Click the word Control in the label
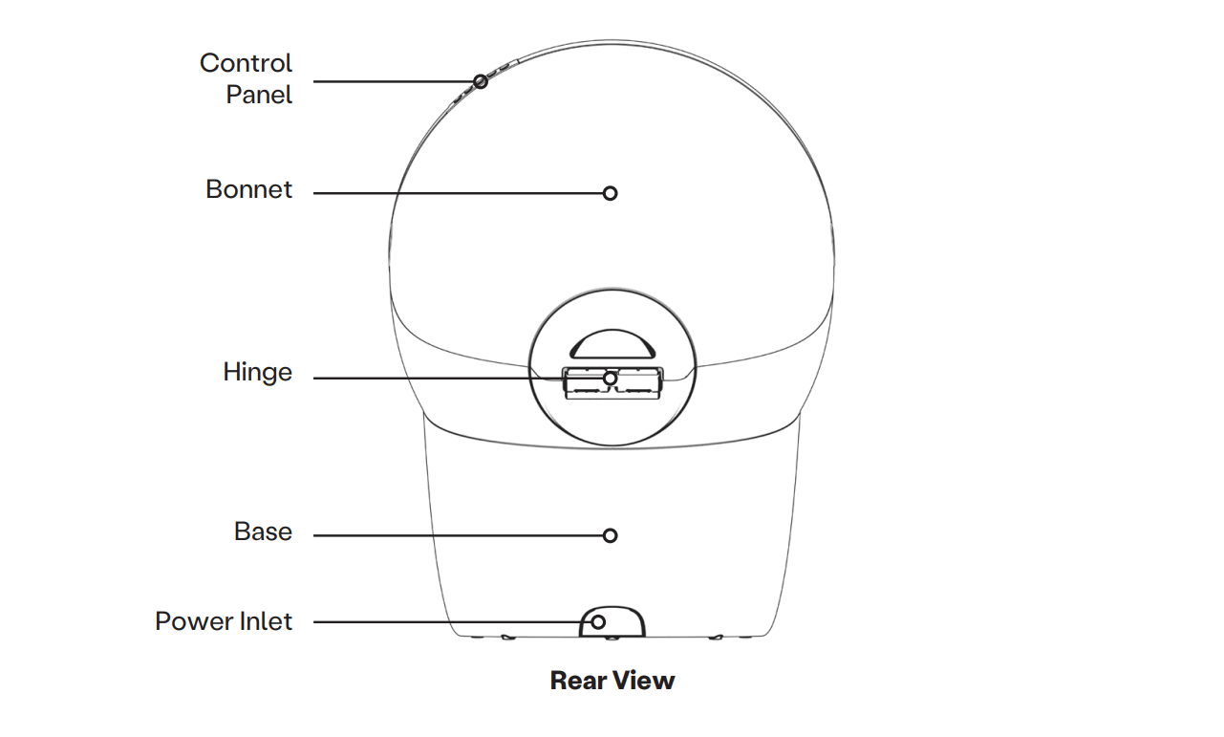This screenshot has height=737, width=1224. pyautogui.click(x=246, y=63)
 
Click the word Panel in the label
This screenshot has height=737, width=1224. pyautogui.click(x=259, y=95)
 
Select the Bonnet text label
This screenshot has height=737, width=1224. pyautogui.click(x=248, y=189)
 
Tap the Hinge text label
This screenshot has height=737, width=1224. pyautogui.click(x=257, y=372)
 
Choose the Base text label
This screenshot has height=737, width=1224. pyautogui.click(x=263, y=531)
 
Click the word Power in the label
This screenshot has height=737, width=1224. pyautogui.click(x=192, y=621)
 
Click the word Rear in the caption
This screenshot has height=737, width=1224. pyautogui.click(x=578, y=681)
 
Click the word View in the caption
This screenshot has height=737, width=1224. pyautogui.click(x=643, y=681)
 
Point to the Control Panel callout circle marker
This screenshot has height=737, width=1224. pyautogui.click(x=481, y=82)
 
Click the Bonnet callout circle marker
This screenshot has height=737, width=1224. pyautogui.click(x=610, y=193)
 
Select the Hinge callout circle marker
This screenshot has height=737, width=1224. pyautogui.click(x=610, y=379)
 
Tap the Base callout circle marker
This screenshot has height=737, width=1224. pyautogui.click(x=610, y=535)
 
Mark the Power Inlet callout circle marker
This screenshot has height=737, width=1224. pyautogui.click(x=598, y=622)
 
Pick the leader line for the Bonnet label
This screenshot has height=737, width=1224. pyautogui.click(x=459, y=193)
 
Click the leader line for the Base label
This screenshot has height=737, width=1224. pyautogui.click(x=459, y=535)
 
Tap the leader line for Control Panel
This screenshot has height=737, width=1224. pyautogui.click(x=392, y=82)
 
